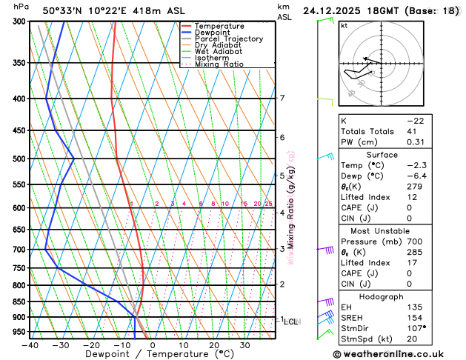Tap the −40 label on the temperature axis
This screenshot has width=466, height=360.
pyautogui.click(x=30, y=345)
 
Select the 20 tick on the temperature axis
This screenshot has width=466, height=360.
pyautogui.click(x=214, y=345)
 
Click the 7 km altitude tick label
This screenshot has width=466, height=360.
pyautogui.click(x=282, y=99)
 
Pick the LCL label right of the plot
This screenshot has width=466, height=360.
pyautogui.click(x=291, y=321)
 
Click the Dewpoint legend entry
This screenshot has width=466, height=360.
pyautogui.click(x=213, y=33)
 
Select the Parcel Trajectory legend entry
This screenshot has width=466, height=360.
pyautogui.click(x=228, y=39)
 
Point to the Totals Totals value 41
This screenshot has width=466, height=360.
pyautogui.click(x=413, y=131)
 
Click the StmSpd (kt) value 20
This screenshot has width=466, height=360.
pyautogui.click(x=412, y=340)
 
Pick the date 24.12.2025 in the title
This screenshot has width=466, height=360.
pyautogui.click(x=339, y=11)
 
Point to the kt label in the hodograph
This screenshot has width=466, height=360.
pyautogui.click(x=344, y=26)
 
